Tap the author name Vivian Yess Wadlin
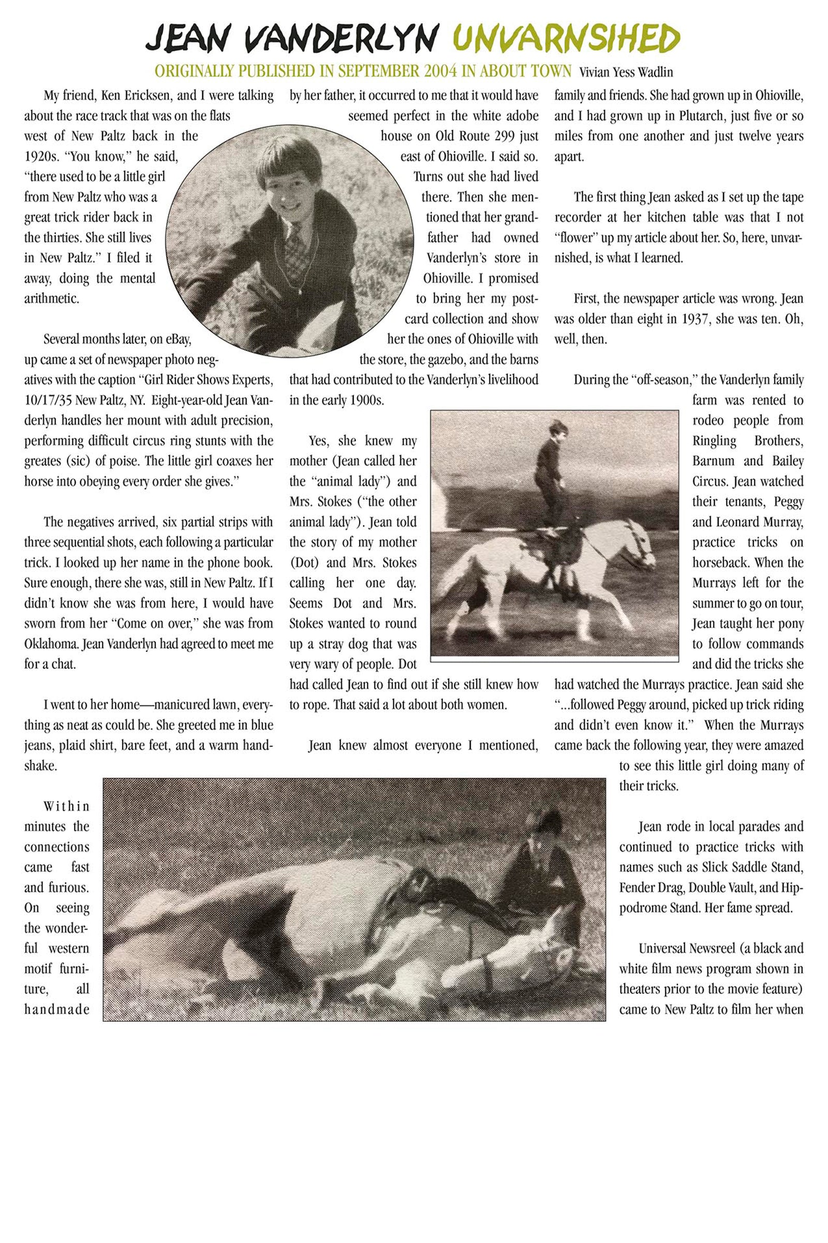626,72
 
